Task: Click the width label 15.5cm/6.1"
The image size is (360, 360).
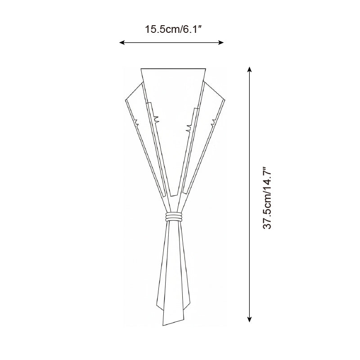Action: click(x=173, y=30)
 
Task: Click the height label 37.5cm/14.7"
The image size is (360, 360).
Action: click(x=267, y=198)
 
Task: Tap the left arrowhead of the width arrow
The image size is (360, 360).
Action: click(x=122, y=42)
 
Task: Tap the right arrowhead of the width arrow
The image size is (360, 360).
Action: click(x=221, y=42)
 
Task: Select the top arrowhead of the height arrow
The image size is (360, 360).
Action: click(x=250, y=69)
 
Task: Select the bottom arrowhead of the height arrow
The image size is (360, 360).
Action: click(x=250, y=319)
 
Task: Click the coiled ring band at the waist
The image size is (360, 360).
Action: click(x=174, y=217)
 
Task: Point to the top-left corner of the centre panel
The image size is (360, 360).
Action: click(x=141, y=68)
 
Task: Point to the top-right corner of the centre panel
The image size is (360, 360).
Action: click(x=206, y=68)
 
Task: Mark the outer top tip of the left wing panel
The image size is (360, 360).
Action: click(x=126, y=100)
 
